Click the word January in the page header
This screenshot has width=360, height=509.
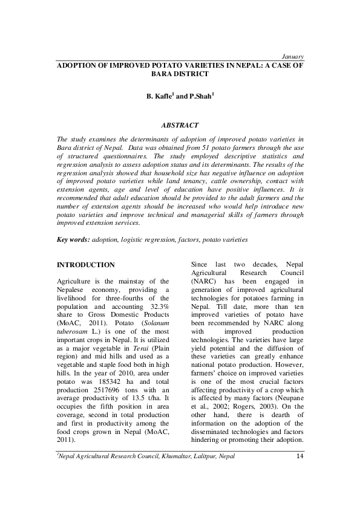292,56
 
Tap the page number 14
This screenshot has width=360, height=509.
299,472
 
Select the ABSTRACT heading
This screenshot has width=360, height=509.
179,125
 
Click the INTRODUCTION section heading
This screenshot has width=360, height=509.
85,265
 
